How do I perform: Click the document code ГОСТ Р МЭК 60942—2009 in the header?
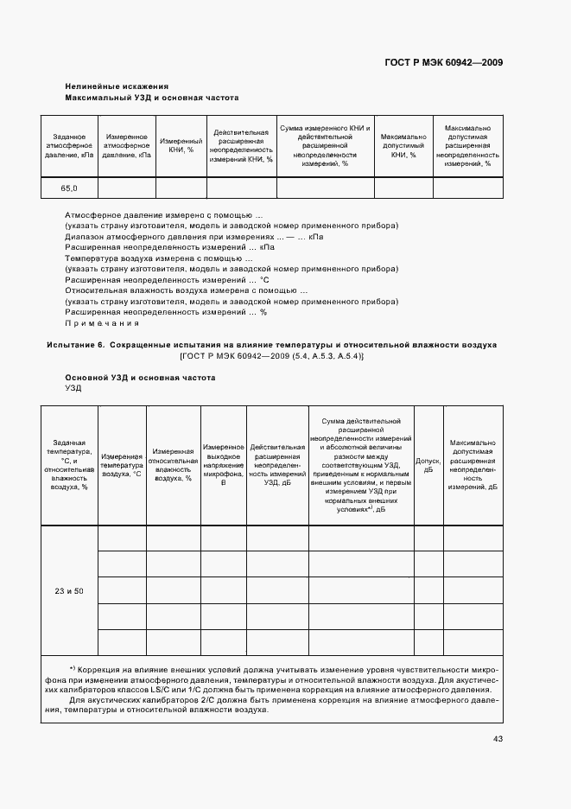point(444,63)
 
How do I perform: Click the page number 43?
point(498,738)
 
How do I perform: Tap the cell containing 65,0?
point(69,188)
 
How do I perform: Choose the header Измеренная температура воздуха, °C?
point(122,465)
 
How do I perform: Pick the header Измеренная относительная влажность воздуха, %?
point(173,465)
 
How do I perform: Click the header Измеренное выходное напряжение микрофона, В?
point(225,465)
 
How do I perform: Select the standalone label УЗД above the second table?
point(73,389)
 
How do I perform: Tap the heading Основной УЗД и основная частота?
point(140,379)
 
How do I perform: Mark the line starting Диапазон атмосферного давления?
point(194,236)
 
